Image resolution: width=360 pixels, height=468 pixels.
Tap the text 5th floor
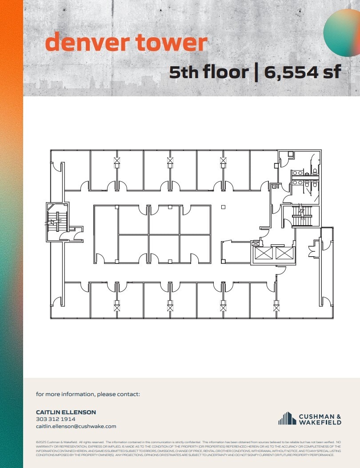pyautogui.click(x=208, y=71)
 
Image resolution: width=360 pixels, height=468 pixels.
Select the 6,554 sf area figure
pyautogui.click(x=303, y=71)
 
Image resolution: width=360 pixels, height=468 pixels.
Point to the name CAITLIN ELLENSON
pyautogui.click(x=66, y=412)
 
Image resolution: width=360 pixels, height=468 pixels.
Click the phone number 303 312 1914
pyautogui.click(x=56, y=419)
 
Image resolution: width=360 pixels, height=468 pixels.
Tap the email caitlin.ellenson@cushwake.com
pyautogui.click(x=76, y=426)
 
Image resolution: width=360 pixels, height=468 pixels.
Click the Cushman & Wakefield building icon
pyautogui.click(x=287, y=418)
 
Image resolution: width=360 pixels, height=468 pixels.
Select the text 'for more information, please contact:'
pyautogui.click(x=88, y=394)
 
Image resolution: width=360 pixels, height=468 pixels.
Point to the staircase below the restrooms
pyautogui.click(x=302, y=216)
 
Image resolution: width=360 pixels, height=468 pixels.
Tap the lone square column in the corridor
pyautogui.click(x=223, y=206)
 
